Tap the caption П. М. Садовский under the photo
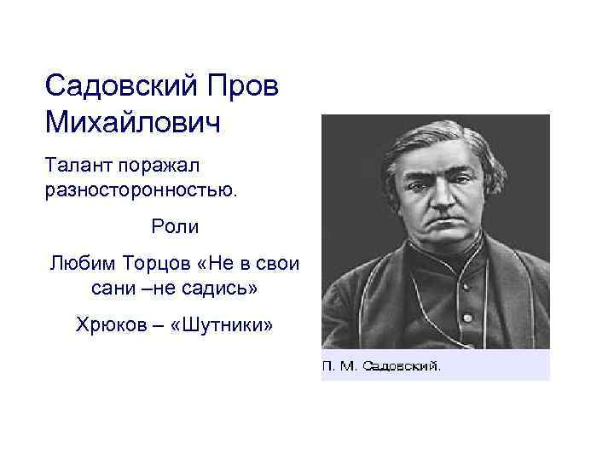(381, 366)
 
